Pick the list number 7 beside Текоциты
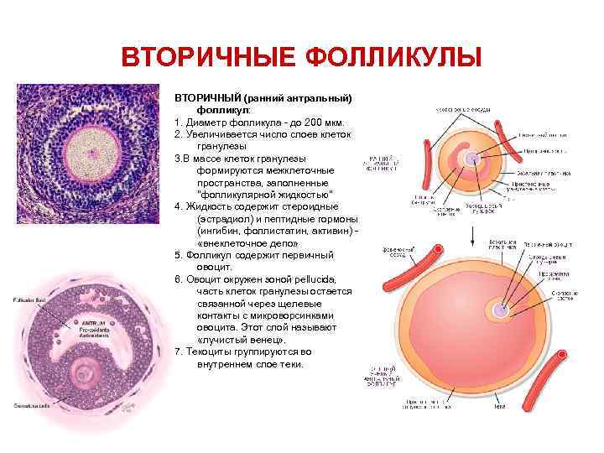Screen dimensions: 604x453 click(177, 351)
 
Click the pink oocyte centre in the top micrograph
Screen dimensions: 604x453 click(85, 144)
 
